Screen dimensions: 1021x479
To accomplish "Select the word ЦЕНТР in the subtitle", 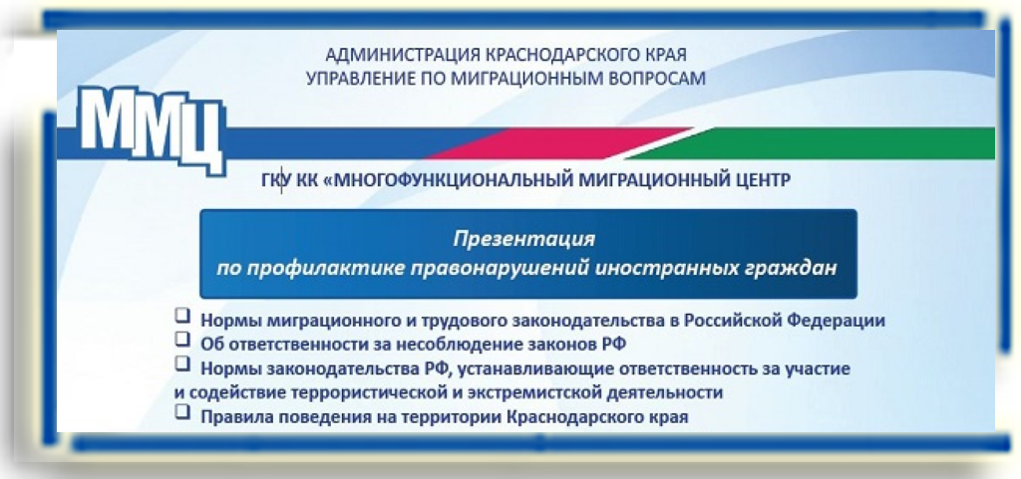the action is point(760,180).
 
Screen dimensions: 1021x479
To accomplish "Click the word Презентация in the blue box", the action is point(524,239).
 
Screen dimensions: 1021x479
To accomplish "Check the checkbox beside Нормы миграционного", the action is point(182,317).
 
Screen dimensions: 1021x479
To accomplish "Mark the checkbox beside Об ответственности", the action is point(182,340).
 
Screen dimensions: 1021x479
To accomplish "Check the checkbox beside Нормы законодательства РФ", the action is point(182,365).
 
